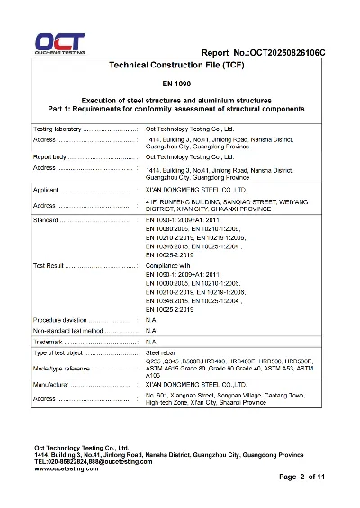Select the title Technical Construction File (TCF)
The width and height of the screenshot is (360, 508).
click(180, 67)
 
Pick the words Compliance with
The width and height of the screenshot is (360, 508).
click(168, 265)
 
